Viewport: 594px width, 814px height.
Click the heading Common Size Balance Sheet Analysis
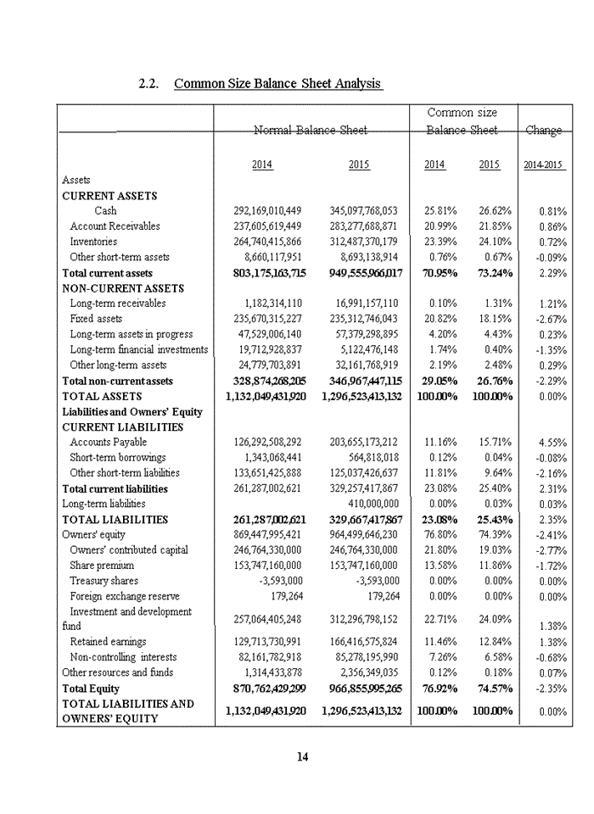pos(278,84)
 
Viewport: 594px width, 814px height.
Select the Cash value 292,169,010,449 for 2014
pos(266,210)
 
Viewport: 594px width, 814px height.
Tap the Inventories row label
pos(93,242)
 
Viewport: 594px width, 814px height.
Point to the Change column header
pos(543,130)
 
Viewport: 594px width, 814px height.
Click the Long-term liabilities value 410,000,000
pos(367,504)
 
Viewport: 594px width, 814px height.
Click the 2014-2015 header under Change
pos(543,165)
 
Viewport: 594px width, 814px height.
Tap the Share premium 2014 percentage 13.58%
pos(440,566)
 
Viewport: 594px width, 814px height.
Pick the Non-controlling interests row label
pos(124,656)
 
